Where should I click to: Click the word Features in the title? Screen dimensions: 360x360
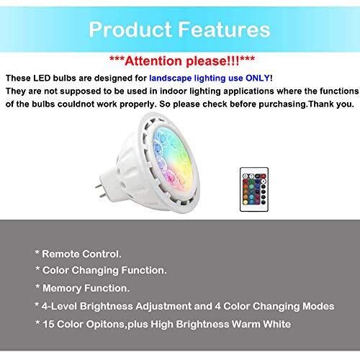[225, 30]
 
